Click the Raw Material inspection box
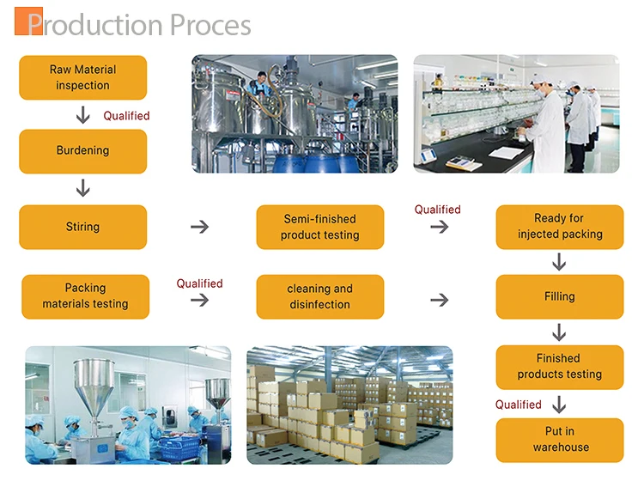pos(83,77)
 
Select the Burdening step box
pos(83,151)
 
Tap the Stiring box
pos(83,227)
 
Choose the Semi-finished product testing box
pos(320,227)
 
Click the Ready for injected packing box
pos(560,227)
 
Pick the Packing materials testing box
pos(85,296)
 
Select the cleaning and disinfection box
pos(320,296)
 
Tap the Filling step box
pos(560,296)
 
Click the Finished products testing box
pos(560,367)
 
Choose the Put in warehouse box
pos(560,440)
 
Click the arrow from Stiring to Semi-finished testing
pos(199,227)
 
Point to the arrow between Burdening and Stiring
pos(83,188)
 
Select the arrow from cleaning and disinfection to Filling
pos(439,300)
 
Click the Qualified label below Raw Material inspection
pos(126,116)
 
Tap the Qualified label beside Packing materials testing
pos(199,283)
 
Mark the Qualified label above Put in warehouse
pos(519,405)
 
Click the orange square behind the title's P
pos(28,21)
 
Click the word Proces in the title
pos(210,25)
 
